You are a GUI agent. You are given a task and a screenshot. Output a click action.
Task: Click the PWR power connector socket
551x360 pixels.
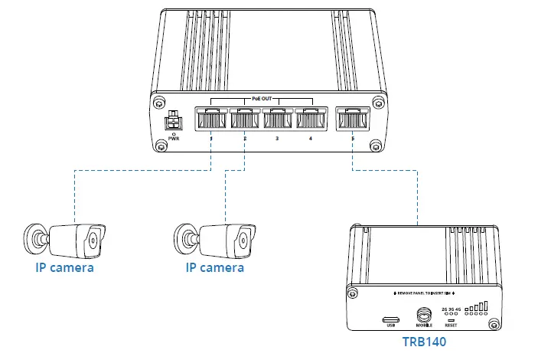[174, 121]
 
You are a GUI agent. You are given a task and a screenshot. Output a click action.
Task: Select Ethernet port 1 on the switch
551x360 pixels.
[210, 120]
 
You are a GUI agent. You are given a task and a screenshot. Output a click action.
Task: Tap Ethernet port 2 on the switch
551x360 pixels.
[244, 120]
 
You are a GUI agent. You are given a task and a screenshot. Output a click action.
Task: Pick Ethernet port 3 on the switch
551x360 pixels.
[277, 120]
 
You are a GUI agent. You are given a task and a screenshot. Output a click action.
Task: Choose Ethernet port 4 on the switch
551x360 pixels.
[310, 120]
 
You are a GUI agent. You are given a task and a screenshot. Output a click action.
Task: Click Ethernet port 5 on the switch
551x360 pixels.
[352, 120]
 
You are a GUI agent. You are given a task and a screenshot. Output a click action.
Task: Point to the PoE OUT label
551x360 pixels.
[260, 99]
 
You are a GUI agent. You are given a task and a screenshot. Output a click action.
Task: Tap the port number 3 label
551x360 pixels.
[277, 139]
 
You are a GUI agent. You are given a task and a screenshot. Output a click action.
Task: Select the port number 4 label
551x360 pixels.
[310, 139]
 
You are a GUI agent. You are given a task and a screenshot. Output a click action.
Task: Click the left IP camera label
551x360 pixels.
[64, 268]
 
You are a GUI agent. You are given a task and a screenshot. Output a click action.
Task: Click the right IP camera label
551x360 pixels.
[215, 268]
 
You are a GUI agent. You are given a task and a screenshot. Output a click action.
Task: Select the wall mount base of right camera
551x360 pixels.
[182, 237]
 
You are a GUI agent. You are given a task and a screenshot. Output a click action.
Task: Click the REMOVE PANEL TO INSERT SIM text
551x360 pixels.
[425, 294]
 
